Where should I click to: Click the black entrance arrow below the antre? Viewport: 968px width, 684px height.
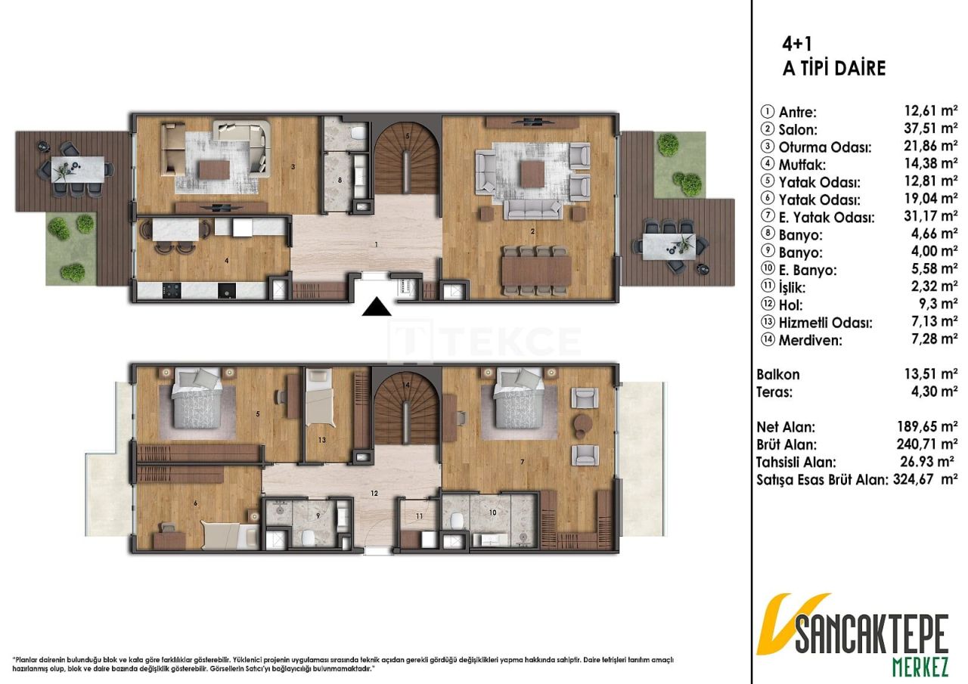(x=376, y=308)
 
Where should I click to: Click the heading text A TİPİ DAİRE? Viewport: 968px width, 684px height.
(x=833, y=68)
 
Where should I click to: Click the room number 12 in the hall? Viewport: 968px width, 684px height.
(x=374, y=493)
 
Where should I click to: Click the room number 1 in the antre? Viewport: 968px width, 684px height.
(x=375, y=245)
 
